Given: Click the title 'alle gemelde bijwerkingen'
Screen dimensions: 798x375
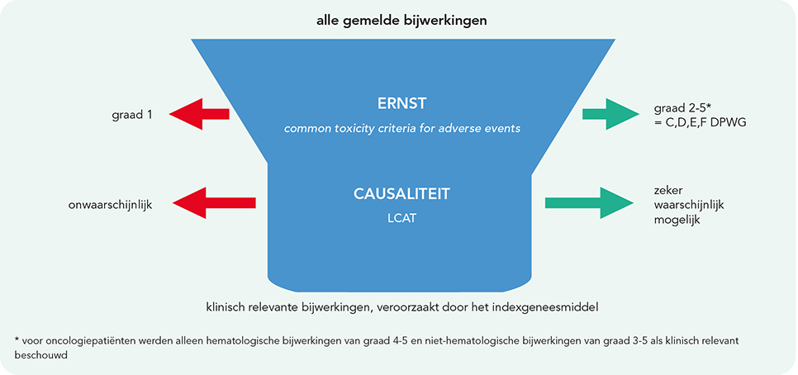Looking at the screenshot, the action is point(401,21).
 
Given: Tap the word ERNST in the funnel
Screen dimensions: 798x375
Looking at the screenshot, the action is point(402,104).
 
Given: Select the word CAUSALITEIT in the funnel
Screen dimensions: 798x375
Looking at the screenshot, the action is point(401,194).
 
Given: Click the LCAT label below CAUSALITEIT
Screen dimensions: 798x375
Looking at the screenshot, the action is point(401,221).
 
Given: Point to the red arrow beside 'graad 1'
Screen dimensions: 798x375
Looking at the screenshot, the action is point(200,113).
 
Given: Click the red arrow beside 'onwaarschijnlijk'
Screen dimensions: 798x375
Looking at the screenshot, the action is point(214,203).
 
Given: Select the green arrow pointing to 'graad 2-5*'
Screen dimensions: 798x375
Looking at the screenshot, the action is point(610,113).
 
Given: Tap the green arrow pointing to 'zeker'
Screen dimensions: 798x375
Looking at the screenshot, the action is point(589,203).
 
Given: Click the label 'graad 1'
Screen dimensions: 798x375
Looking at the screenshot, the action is point(132,115).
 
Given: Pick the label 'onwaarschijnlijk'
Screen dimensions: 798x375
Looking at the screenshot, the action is point(111,206).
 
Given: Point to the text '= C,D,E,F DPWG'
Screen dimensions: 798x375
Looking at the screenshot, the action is point(700,122).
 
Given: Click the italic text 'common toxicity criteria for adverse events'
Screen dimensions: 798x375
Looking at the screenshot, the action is point(402,129).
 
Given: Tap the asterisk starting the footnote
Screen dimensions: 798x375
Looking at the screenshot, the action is point(18,339).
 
